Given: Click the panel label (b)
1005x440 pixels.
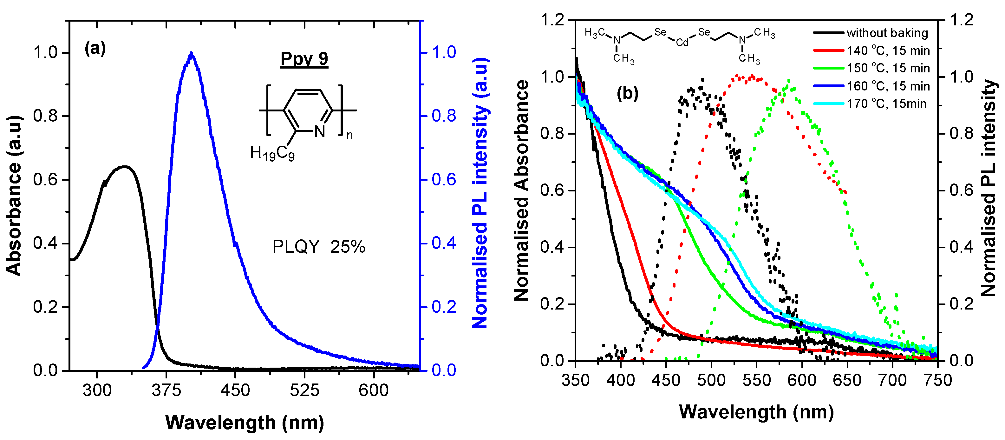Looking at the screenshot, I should click(x=627, y=93).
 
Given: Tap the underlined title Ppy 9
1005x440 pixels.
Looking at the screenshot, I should click(x=304, y=59).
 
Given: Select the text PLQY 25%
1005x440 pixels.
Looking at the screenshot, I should click(x=318, y=247).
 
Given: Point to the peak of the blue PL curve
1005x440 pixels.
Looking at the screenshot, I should click(x=191, y=53).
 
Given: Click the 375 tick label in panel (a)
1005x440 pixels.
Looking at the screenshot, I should click(x=166, y=390).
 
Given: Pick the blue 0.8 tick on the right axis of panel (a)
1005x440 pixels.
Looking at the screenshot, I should click(x=444, y=116).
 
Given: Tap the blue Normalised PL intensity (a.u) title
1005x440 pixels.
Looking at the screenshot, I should click(x=481, y=193).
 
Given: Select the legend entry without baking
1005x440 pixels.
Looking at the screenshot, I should click(x=887, y=33).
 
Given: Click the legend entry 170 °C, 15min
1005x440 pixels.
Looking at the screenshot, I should click(x=886, y=104).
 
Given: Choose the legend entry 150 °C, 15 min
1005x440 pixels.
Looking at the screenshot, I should click(x=888, y=68).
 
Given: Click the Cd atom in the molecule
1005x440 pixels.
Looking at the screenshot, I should click(x=682, y=42).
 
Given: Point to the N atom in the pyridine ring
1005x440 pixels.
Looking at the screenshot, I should click(x=320, y=131).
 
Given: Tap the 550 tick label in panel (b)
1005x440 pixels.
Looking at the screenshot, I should click(x=756, y=380).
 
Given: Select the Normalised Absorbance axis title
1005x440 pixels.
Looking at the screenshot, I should click(x=522, y=190).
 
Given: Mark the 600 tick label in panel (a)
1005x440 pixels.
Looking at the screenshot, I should click(x=373, y=390).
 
